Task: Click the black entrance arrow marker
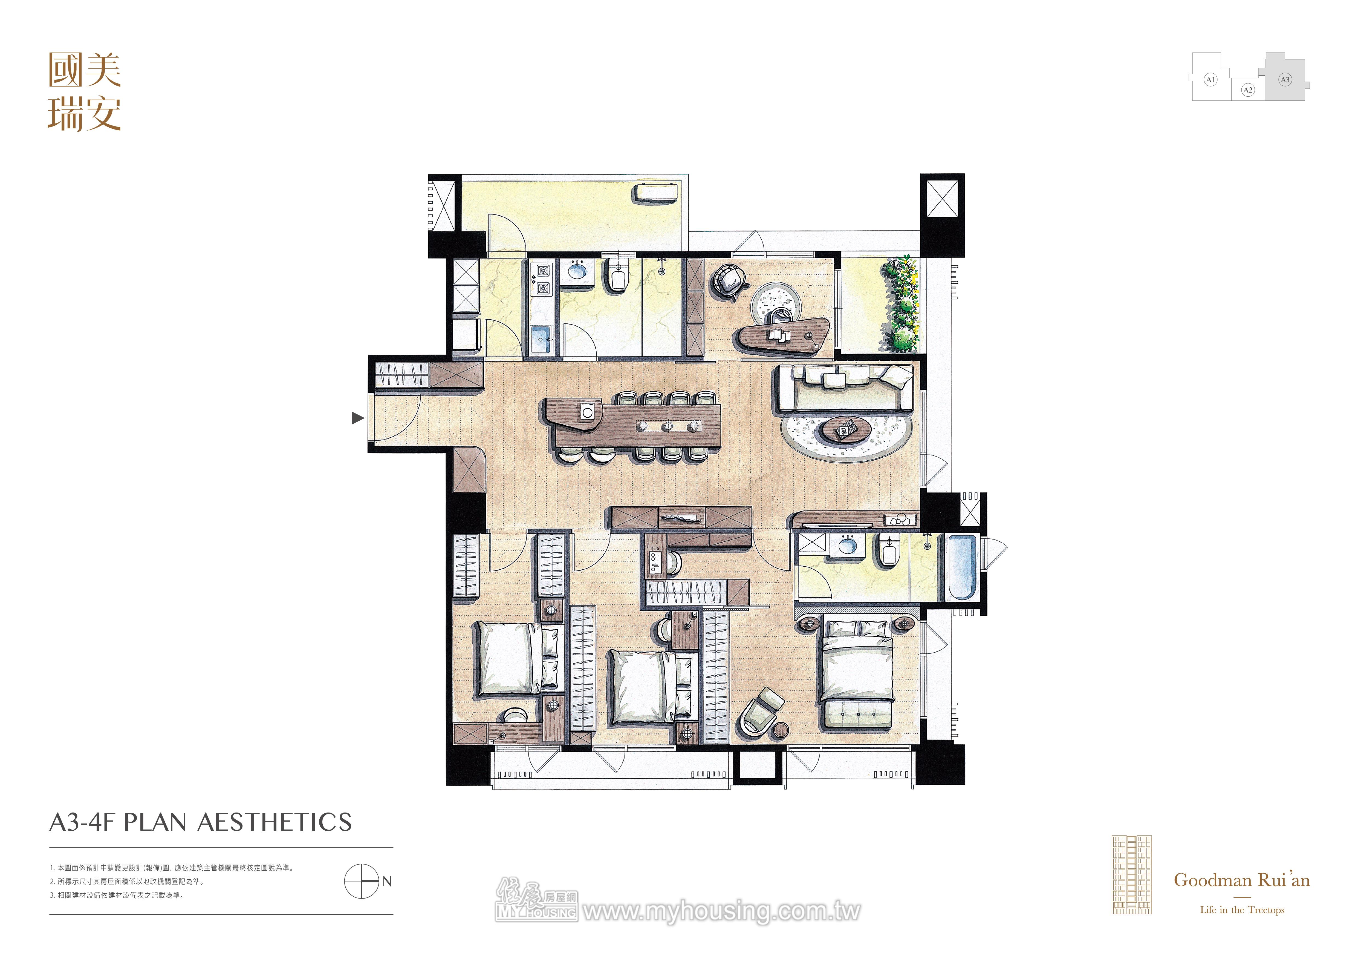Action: click(357, 418)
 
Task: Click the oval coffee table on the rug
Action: click(846, 429)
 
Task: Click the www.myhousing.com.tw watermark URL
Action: click(722, 912)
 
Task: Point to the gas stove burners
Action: click(542, 280)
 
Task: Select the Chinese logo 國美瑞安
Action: click(85, 92)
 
